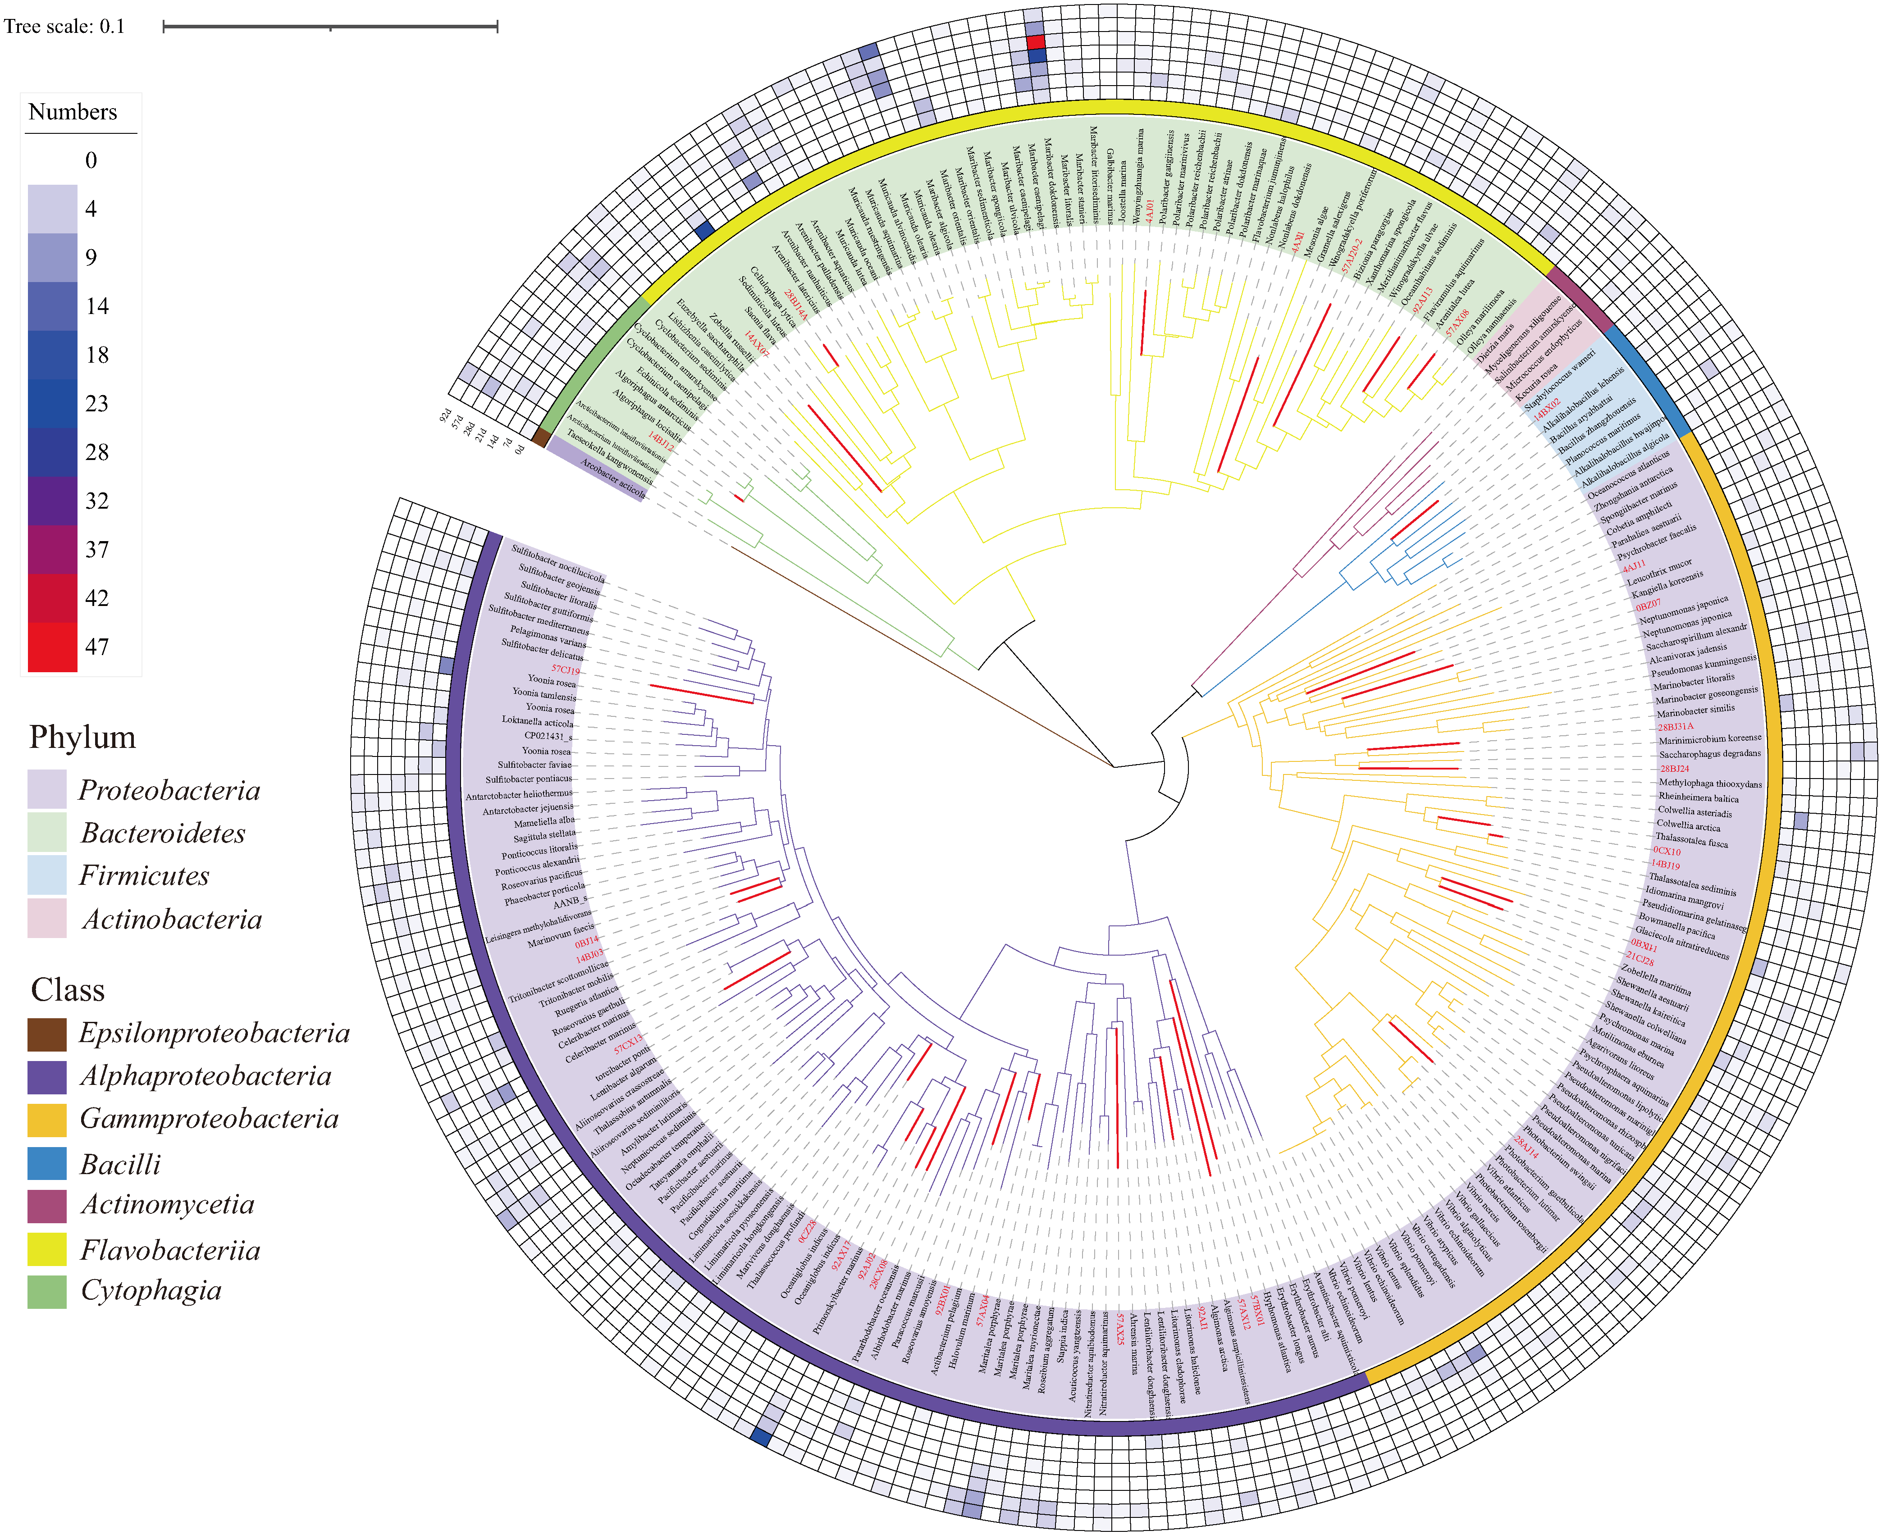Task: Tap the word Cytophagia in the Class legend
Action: pyautogui.click(x=151, y=1290)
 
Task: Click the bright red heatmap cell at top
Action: pyautogui.click(x=1036, y=41)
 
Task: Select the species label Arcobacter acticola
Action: pyautogui.click(x=612, y=478)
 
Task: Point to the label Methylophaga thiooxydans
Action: pyautogui.click(x=1709, y=783)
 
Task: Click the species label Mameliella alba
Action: pyautogui.click(x=545, y=821)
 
